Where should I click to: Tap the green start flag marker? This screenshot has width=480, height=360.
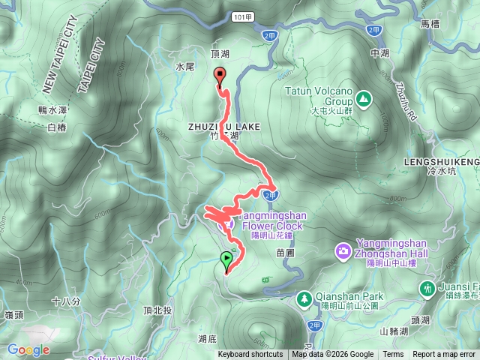pos(226,260)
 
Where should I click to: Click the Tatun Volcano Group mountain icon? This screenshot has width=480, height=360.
pos(363,97)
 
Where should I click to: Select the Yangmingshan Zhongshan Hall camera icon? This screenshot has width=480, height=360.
pos(343,249)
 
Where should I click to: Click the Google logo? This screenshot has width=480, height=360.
pos(28,350)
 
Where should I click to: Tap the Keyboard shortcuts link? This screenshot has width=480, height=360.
pos(250,355)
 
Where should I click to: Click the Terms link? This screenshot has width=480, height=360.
pos(393,355)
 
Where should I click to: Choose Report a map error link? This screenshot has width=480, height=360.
pos(443,355)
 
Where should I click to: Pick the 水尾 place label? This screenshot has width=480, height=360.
pos(184,67)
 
